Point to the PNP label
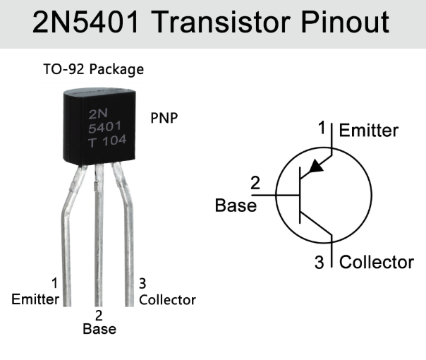click(x=164, y=118)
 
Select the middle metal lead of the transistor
click(x=99, y=240)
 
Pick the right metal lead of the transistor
click(x=129, y=240)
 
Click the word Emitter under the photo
click(x=35, y=299)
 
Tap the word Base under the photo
click(x=99, y=328)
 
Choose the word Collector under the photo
click(x=167, y=299)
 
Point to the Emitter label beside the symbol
click(x=368, y=131)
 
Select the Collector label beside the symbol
click(x=376, y=262)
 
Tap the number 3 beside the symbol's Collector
click(x=319, y=263)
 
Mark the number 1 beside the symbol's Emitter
click(x=322, y=128)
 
